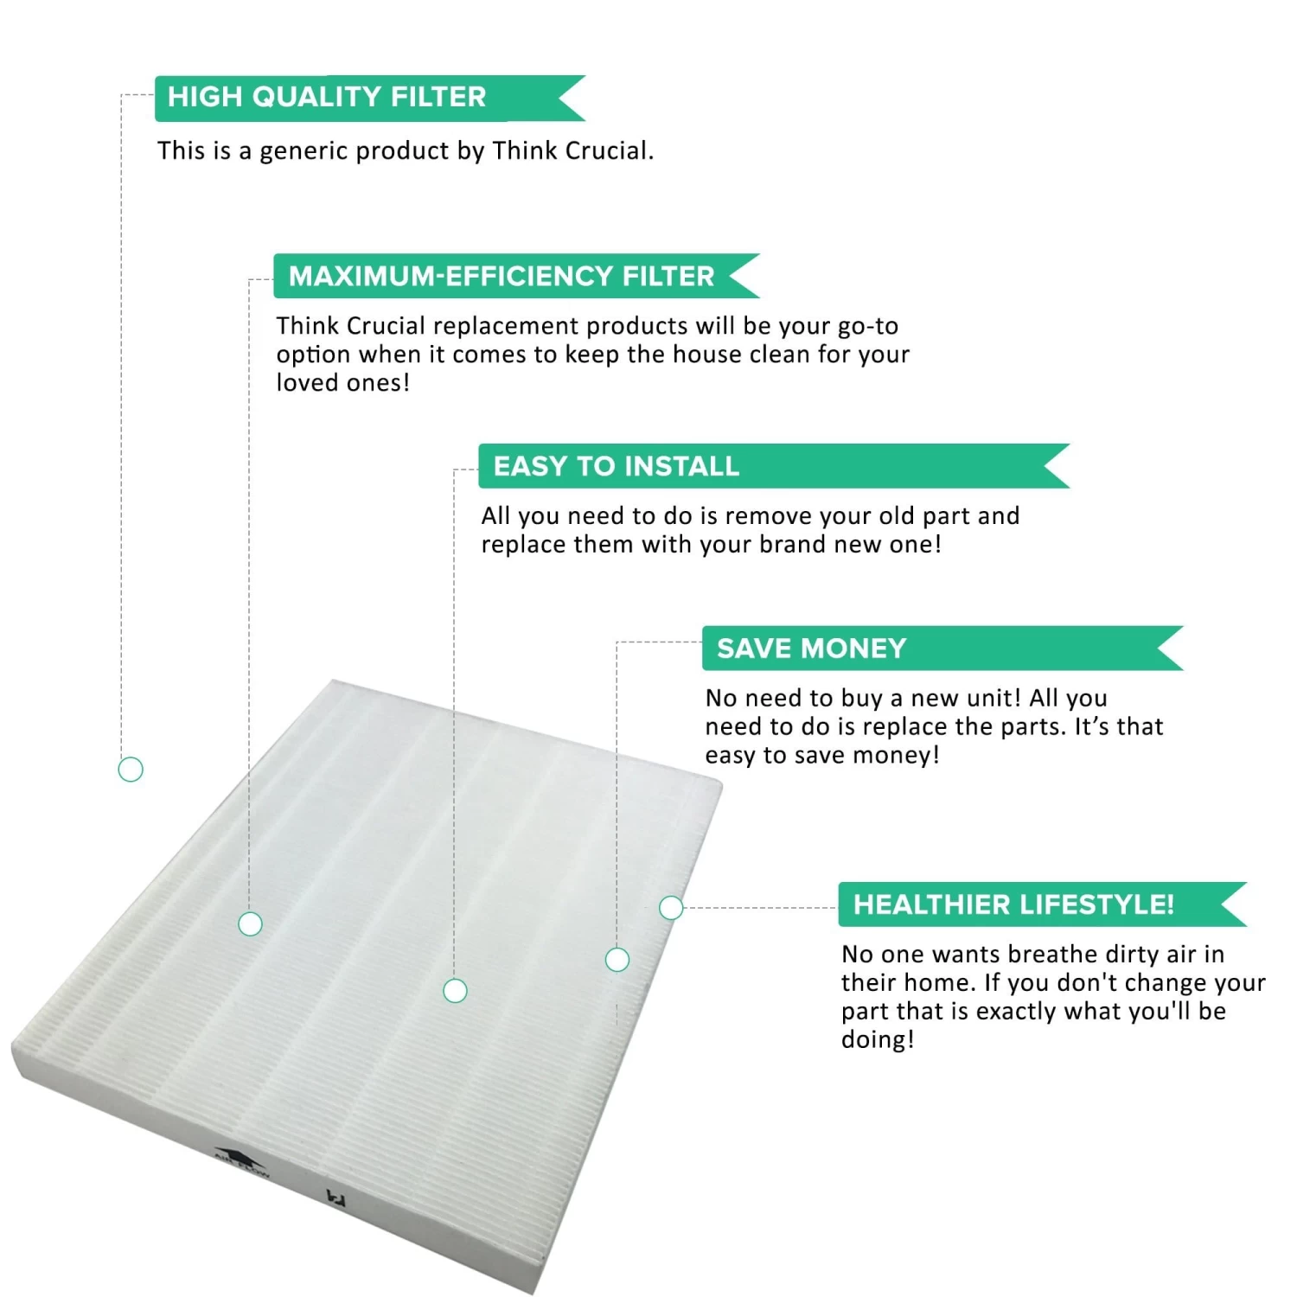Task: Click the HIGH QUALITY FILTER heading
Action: pos(327,97)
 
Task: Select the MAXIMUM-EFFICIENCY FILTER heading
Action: pos(502,276)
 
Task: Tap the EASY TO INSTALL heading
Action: pos(617,466)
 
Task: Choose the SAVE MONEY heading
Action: pos(812,648)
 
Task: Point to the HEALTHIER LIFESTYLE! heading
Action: pos(1014,904)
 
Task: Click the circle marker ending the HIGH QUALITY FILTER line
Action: pos(131,769)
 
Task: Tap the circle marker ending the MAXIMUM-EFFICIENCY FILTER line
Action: pos(250,923)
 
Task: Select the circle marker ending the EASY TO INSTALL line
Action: pos(455,990)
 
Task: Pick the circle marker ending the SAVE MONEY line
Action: pos(617,959)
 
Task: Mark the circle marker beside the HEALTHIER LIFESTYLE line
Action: pos(671,907)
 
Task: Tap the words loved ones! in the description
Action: pos(343,382)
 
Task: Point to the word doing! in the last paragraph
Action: pos(878,1040)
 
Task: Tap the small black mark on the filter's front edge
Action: pos(331,1198)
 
